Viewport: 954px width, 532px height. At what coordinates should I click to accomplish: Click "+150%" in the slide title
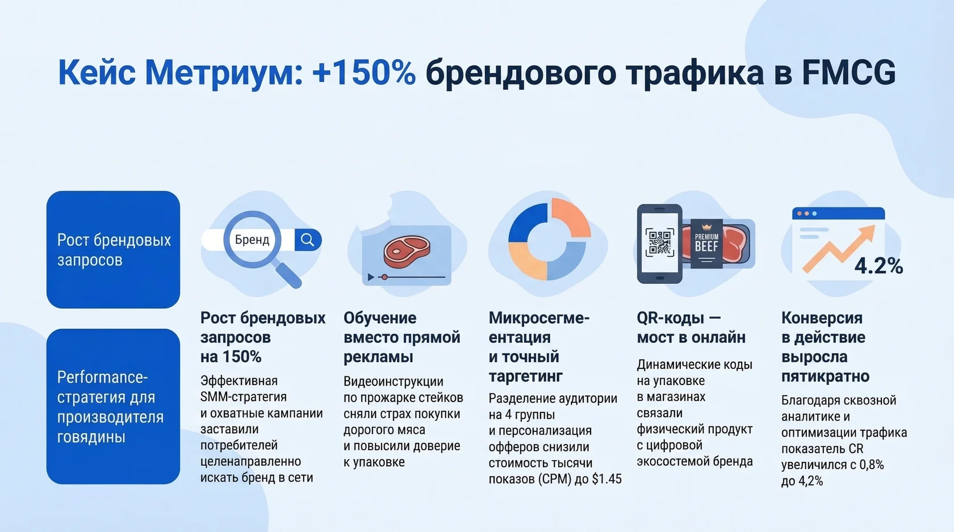[363, 73]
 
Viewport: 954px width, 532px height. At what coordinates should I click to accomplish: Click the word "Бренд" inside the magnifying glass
[252, 240]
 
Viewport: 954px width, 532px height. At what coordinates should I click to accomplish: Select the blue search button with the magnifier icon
[308, 240]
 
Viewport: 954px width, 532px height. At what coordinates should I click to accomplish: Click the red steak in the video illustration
[407, 250]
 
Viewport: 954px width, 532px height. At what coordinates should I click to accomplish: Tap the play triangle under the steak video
[371, 277]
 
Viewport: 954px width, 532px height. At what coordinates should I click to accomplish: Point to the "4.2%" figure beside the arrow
[878, 266]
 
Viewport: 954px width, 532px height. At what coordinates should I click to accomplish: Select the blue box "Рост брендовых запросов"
[113, 250]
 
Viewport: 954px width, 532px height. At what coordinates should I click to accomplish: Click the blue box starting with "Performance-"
[113, 407]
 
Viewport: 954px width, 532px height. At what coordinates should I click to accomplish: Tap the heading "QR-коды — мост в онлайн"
[691, 328]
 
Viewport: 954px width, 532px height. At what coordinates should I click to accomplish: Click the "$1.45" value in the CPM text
[606, 479]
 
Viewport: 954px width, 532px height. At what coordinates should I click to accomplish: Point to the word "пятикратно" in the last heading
[825, 376]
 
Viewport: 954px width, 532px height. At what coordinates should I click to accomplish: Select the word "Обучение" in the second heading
[380, 318]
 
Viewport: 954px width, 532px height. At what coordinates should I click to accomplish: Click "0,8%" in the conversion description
[871, 465]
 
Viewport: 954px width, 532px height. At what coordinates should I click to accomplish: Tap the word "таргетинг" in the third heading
[525, 376]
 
